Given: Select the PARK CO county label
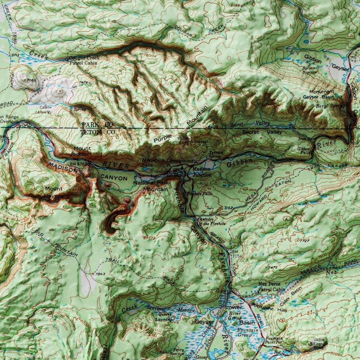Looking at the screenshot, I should point(97,125).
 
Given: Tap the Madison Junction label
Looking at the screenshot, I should point(202,172).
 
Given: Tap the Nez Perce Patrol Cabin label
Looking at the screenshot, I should point(271,287).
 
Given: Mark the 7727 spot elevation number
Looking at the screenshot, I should point(305,240).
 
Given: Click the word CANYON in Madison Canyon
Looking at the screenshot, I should point(113,179).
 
